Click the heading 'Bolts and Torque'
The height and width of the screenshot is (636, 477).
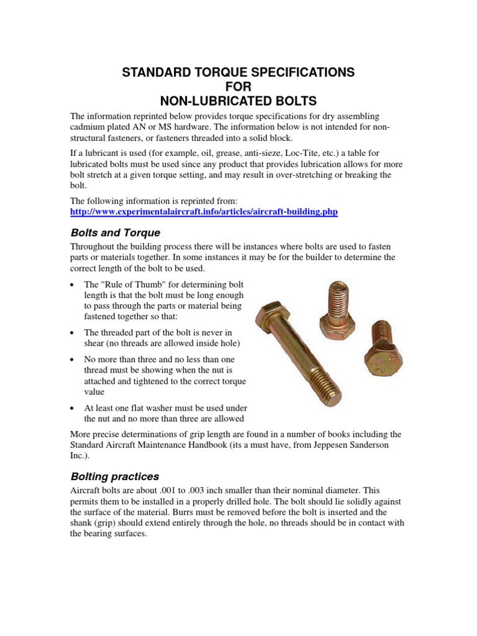coord(115,233)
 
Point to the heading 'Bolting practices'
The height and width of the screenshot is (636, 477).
coord(114,477)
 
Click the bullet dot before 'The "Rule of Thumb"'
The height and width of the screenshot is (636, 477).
coord(73,284)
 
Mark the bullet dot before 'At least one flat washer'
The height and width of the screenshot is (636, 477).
coord(73,408)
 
